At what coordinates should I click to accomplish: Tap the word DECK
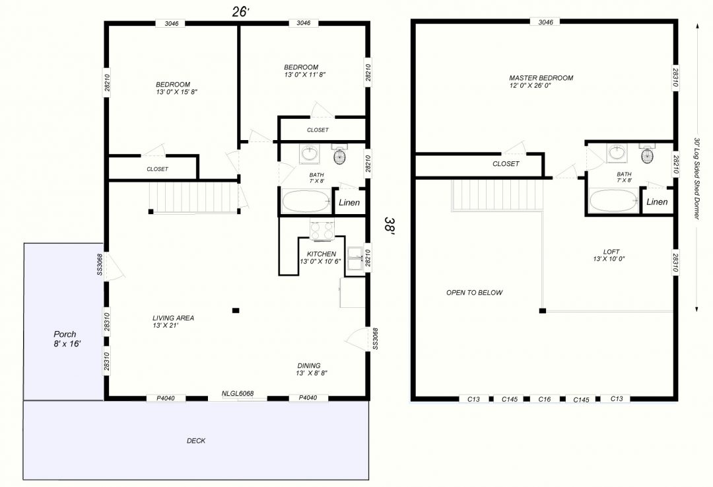pyautogui.click(x=196, y=441)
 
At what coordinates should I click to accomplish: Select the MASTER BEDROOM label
pyautogui.click(x=541, y=81)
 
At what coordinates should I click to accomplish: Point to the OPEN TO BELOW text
pyautogui.click(x=474, y=293)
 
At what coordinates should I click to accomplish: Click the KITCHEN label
pyautogui.click(x=321, y=258)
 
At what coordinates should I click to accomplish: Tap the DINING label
pyautogui.click(x=312, y=369)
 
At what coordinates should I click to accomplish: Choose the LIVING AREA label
pyautogui.click(x=173, y=321)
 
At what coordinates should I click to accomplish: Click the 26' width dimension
pyautogui.click(x=240, y=12)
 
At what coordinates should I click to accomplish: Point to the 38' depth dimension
pyautogui.click(x=390, y=226)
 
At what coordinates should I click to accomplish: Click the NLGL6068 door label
pyautogui.click(x=238, y=393)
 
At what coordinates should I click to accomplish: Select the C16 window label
pyautogui.click(x=544, y=399)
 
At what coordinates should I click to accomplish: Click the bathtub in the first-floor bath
pyautogui.click(x=306, y=201)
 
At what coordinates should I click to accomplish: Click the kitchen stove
pyautogui.click(x=322, y=229)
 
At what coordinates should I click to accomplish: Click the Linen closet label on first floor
pyautogui.click(x=349, y=203)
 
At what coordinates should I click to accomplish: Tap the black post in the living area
pyautogui.click(x=236, y=311)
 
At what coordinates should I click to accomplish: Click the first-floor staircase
pyautogui.click(x=195, y=197)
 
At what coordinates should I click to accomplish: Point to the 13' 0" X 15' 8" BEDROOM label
pyautogui.click(x=176, y=88)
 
